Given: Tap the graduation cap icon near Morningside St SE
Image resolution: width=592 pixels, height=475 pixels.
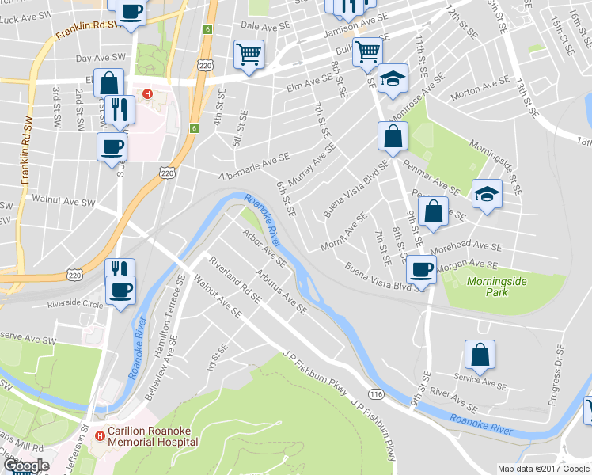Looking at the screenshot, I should coord(487,193).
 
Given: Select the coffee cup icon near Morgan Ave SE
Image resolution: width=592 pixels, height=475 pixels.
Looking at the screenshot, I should coord(421,269).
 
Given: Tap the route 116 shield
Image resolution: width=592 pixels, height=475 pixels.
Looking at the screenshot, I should coord(376,393).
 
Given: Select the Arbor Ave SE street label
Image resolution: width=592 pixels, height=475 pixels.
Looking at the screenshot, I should coord(264,246).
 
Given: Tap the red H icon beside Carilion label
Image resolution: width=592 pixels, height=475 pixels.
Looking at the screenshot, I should coord(100,435).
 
